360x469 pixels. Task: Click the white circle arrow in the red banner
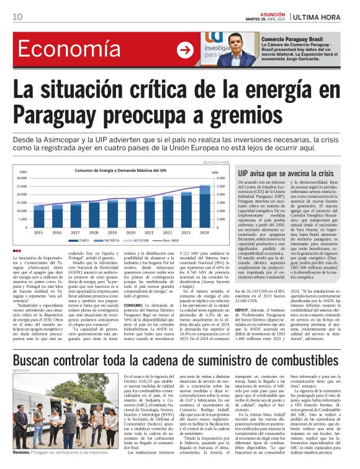(184, 50)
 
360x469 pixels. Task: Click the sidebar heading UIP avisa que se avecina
(286, 173)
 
